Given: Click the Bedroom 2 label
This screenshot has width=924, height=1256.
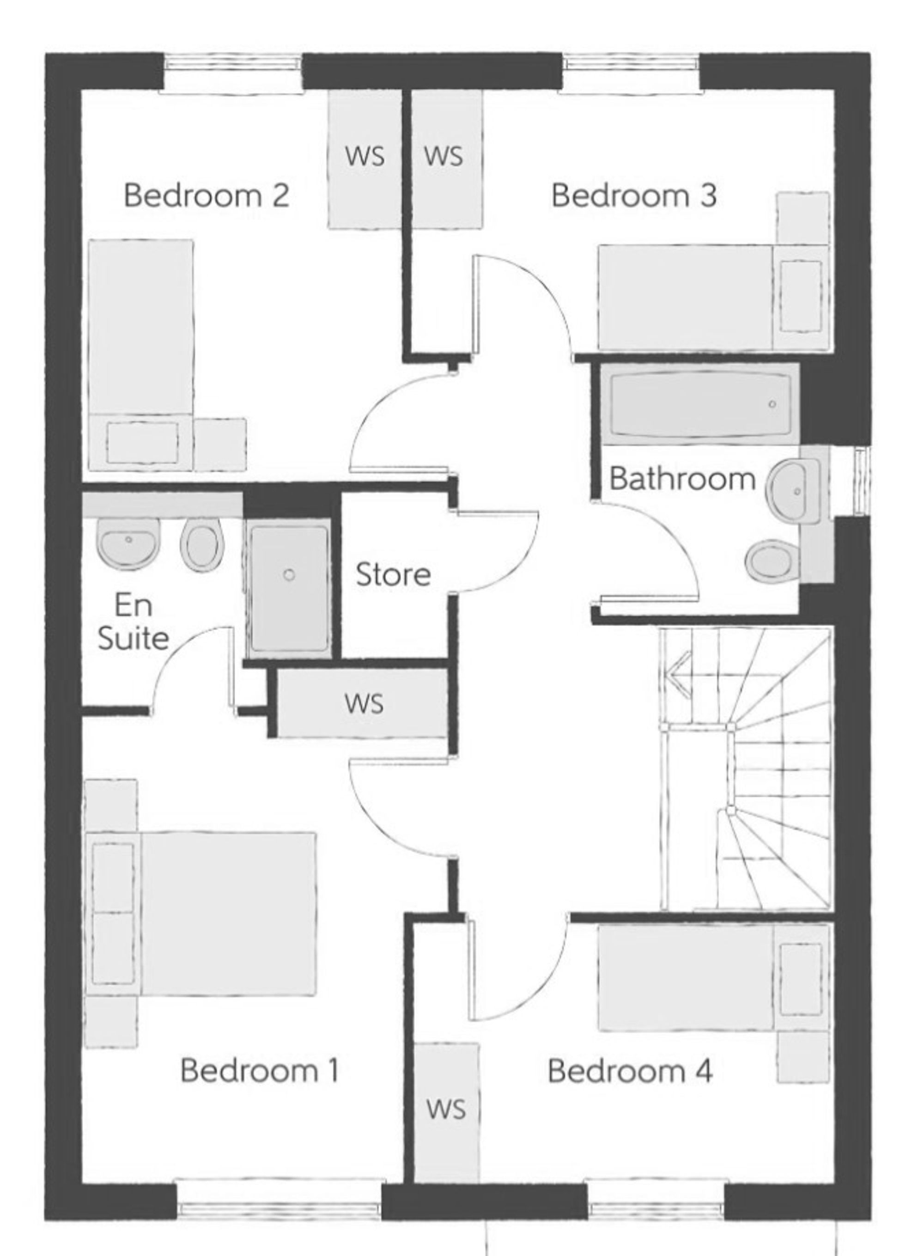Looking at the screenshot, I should point(207,196).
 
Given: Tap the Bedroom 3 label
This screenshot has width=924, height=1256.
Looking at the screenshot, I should point(634,196).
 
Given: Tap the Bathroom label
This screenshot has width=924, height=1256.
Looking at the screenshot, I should point(682,479).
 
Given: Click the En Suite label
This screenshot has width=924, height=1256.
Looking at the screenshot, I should point(133,622).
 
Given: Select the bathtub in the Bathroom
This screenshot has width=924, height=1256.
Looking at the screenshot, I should point(699,404).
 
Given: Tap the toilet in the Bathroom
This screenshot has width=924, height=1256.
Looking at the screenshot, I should point(771,561).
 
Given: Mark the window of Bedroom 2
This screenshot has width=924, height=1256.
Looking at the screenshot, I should point(231,63).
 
